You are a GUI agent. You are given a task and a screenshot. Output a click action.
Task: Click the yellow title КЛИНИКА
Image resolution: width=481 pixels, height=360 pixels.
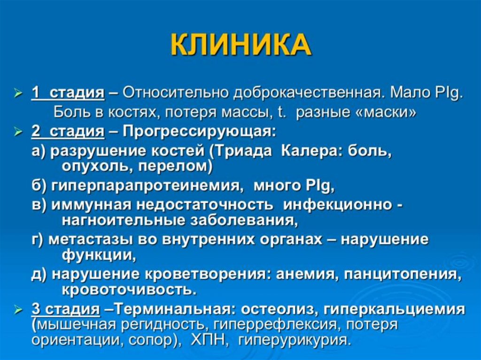click(240, 46)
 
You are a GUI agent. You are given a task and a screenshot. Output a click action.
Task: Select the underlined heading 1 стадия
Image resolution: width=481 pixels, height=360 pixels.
click(68, 92)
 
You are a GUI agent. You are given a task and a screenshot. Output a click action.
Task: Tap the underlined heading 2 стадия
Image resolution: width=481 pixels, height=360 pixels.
click(68, 132)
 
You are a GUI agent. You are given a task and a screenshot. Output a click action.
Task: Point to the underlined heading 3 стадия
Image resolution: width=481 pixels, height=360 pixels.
click(66, 310)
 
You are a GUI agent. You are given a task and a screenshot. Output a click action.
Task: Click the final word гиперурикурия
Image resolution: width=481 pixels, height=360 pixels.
click(295, 340)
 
